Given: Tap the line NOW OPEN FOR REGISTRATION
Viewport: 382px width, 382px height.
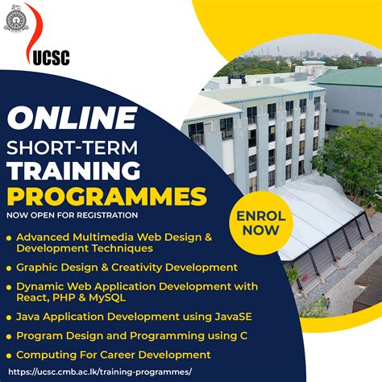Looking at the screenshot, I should click(x=71, y=215).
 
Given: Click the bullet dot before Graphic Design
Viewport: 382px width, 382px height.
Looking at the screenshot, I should click(x=9, y=267).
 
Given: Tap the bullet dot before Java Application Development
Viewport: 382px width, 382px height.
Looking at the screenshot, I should click(x=9, y=317).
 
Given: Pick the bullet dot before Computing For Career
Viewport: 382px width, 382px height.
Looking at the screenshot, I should click(x=9, y=355).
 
